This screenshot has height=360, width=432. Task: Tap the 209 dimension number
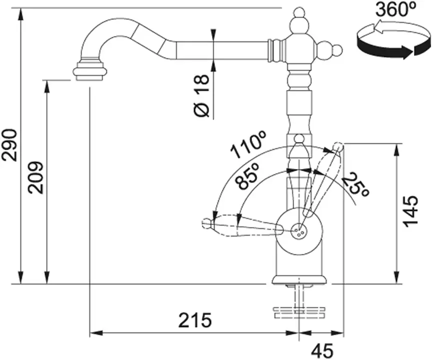[36, 177]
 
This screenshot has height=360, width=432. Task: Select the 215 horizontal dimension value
[195, 320]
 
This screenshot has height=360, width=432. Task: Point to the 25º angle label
[357, 185]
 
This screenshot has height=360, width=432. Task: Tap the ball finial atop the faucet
[298, 12]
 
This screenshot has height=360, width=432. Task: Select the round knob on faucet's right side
[337, 50]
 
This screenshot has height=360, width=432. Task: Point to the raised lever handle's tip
[338, 147]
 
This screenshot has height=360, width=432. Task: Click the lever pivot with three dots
[298, 230]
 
